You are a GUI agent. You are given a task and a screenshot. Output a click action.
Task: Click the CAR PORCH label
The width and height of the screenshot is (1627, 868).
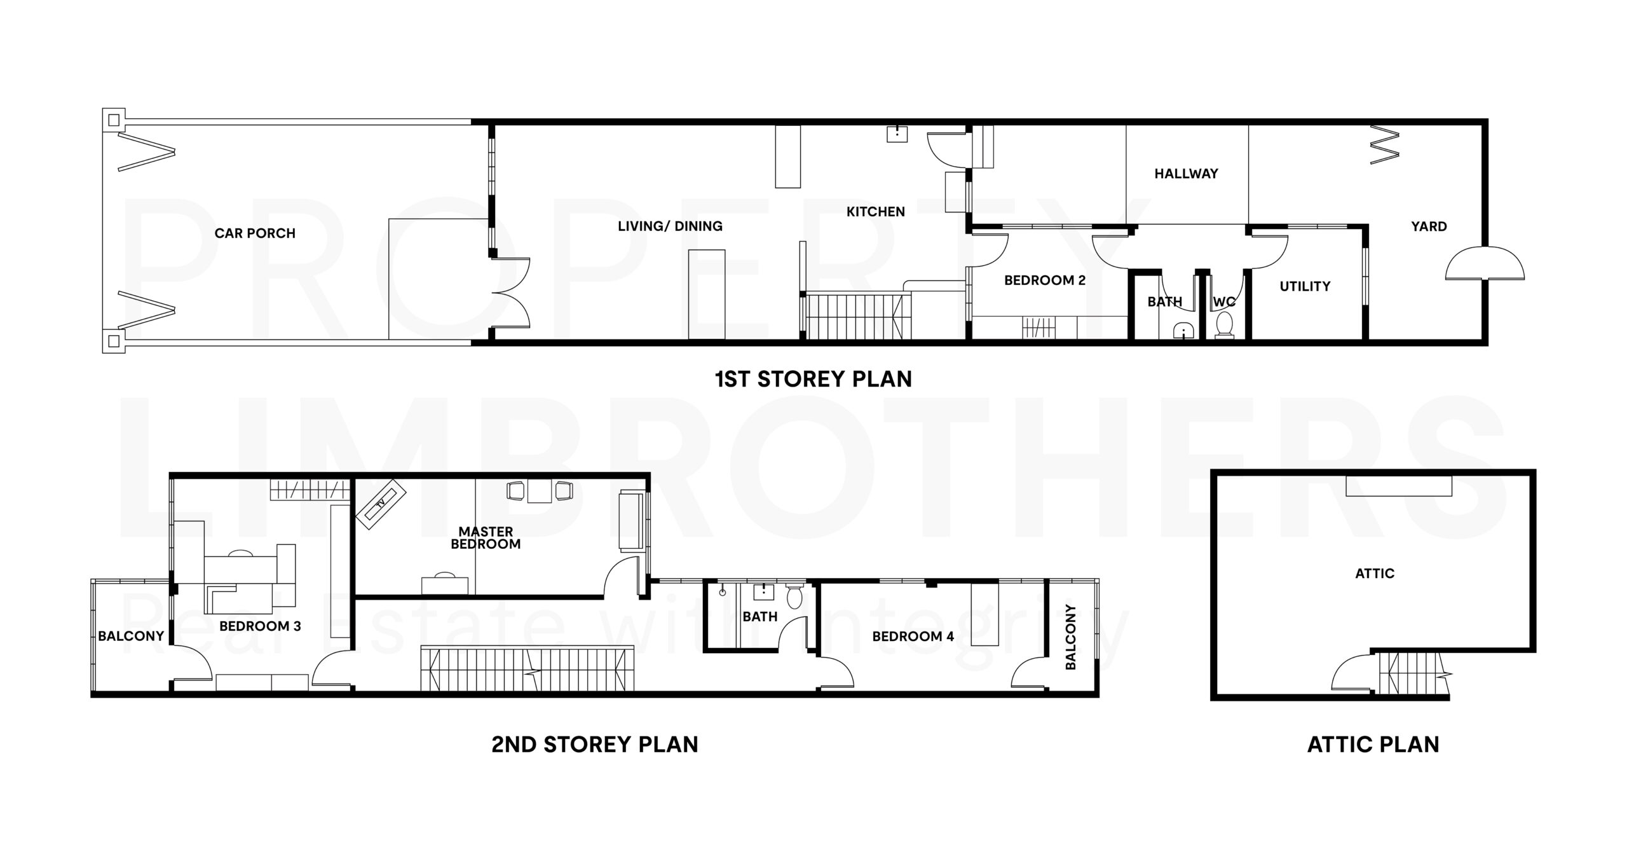pyautogui.click(x=255, y=233)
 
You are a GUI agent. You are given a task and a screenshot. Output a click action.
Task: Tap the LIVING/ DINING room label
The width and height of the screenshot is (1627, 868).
pyautogui.click(x=670, y=226)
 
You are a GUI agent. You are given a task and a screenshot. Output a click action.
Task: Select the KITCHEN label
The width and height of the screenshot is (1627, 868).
pyautogui.click(x=875, y=212)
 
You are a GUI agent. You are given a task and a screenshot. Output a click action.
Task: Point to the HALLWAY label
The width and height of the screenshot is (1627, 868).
pyautogui.click(x=1186, y=174)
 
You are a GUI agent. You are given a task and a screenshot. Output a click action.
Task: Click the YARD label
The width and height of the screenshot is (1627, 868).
pyautogui.click(x=1429, y=226)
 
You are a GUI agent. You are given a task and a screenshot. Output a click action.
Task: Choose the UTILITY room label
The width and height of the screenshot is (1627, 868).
pyautogui.click(x=1305, y=286)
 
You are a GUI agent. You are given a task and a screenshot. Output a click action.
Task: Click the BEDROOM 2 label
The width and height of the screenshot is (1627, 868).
pyautogui.click(x=1045, y=280)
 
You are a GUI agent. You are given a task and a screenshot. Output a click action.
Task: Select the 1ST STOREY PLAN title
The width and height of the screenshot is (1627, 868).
pyautogui.click(x=813, y=379)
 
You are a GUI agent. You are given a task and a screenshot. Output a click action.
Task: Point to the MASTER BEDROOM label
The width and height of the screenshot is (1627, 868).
pyautogui.click(x=486, y=538)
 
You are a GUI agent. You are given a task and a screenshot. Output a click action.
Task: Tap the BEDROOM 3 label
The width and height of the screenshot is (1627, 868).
pyautogui.click(x=260, y=626)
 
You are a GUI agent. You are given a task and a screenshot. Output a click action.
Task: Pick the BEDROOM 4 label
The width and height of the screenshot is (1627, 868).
pyautogui.click(x=913, y=637)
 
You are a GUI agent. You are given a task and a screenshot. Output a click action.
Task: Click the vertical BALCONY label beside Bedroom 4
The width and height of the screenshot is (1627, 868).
pyautogui.click(x=1070, y=637)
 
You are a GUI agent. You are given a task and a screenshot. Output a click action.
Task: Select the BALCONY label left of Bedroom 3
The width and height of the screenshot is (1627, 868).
pyautogui.click(x=131, y=636)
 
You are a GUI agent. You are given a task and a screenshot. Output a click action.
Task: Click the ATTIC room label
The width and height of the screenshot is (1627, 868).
pyautogui.click(x=1375, y=574)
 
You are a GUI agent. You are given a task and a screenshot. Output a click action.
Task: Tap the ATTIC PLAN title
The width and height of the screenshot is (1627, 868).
pyautogui.click(x=1373, y=745)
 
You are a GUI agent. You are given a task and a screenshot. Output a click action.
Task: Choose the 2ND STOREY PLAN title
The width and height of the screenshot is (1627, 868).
pyautogui.click(x=595, y=745)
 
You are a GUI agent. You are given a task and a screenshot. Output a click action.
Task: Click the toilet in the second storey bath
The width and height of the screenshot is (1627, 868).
pyautogui.click(x=794, y=595)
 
